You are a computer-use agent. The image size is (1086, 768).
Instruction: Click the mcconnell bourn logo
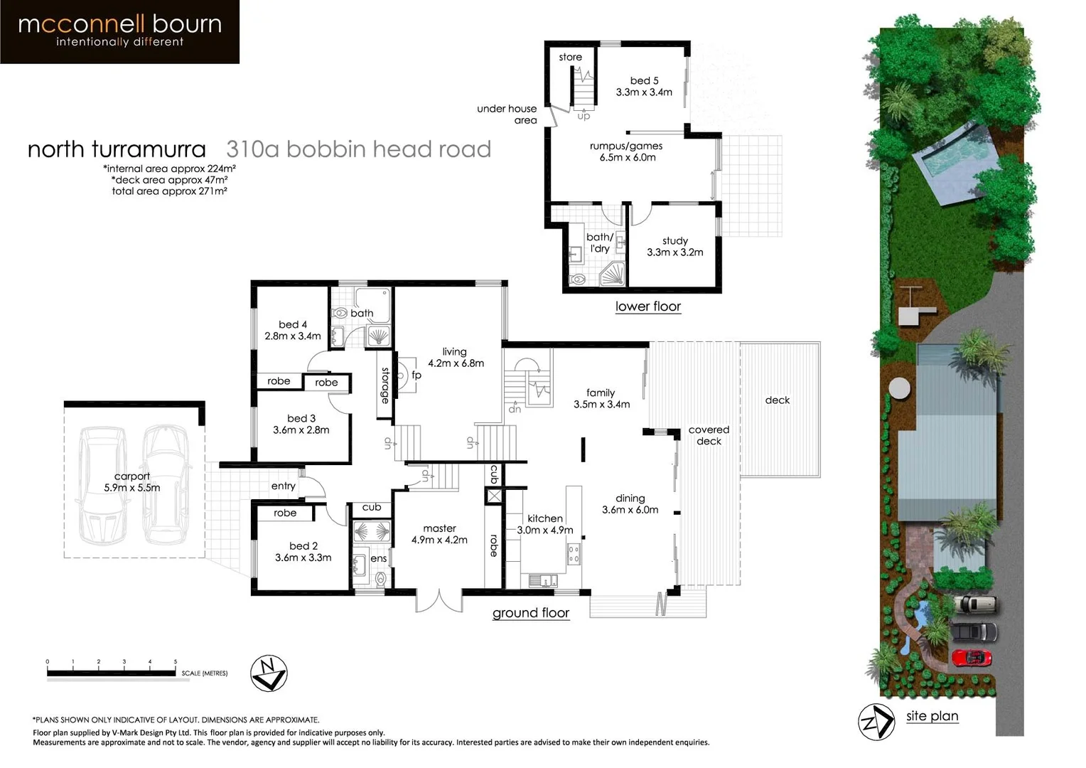point(119,31)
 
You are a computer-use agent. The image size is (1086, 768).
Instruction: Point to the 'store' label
point(570,57)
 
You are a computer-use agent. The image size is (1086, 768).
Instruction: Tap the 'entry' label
point(283,486)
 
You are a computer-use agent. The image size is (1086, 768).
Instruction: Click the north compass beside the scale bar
point(269,673)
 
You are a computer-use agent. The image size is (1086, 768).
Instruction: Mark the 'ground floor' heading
point(531,613)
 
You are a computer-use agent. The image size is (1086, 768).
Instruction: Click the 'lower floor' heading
point(647,306)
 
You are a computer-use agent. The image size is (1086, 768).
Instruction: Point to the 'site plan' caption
point(932,716)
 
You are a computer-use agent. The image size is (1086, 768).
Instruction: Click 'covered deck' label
point(709,435)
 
